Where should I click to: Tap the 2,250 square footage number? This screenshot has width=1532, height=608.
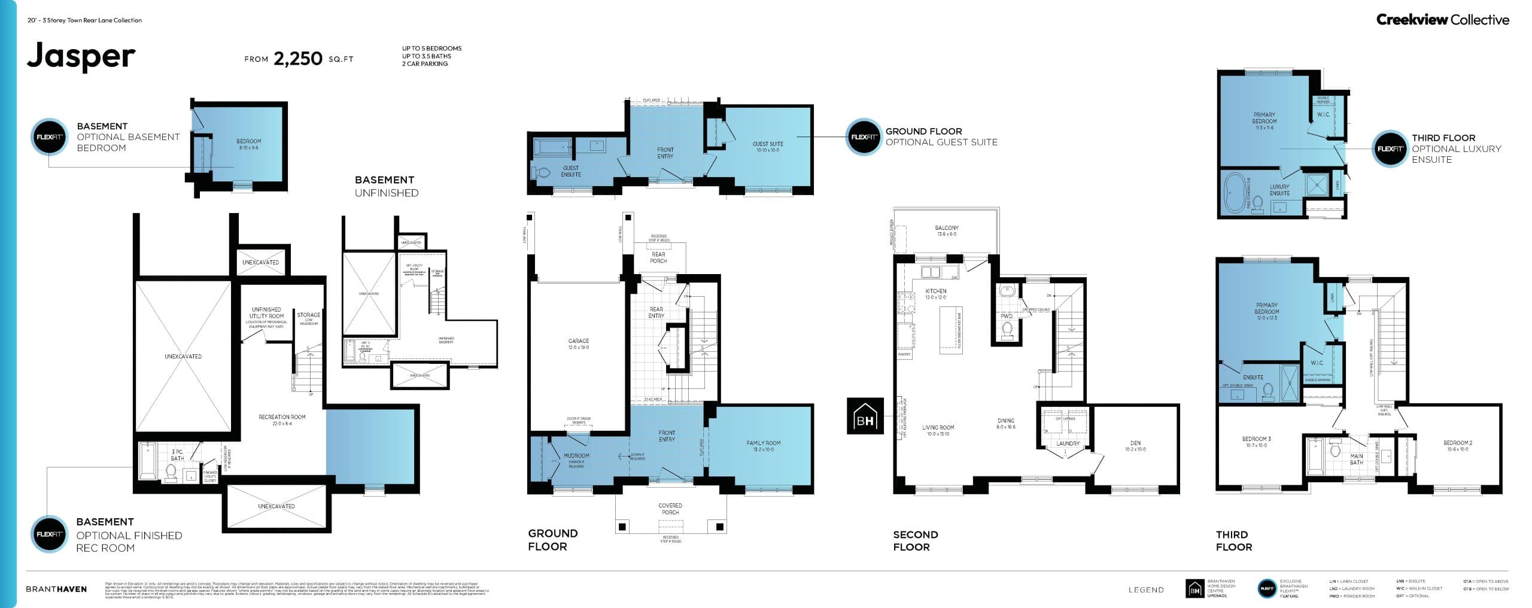(298, 59)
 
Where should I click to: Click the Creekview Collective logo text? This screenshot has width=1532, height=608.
(1442, 20)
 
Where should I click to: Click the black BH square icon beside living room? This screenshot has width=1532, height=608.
(865, 416)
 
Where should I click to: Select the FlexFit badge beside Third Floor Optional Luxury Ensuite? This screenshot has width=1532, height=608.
(1390, 148)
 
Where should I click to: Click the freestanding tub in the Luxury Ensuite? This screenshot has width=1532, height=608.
(1234, 193)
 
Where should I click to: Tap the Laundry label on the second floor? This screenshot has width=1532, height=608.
(1068, 443)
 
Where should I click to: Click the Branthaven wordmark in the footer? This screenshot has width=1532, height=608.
(56, 589)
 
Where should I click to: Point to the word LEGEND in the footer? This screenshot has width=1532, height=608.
(1146, 589)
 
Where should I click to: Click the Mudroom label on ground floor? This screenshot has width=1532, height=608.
(576, 456)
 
